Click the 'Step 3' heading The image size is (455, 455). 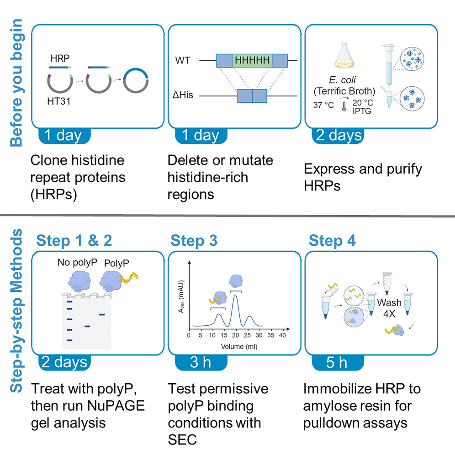click(x=195, y=240)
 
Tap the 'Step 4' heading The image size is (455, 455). click(x=333, y=240)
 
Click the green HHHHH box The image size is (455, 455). click(x=252, y=60)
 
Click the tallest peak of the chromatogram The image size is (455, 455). click(x=235, y=296)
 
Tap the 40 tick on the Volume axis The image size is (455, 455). click(x=282, y=336)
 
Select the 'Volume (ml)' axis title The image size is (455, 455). click(x=239, y=346)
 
